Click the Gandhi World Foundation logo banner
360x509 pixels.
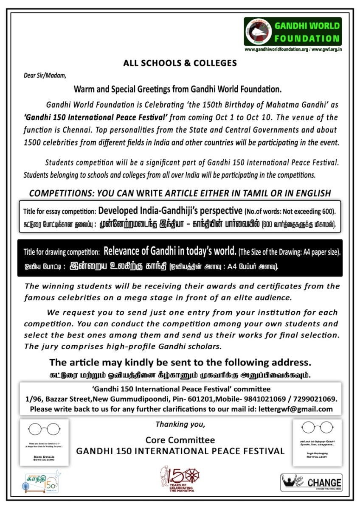[292, 32]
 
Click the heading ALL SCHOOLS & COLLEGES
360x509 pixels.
[180, 63]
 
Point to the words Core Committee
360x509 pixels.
[180, 440]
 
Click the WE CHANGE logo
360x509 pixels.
[311, 482]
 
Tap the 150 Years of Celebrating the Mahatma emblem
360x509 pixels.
[180, 479]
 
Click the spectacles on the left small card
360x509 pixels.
[42, 429]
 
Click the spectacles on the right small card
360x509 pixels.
[317, 427]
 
